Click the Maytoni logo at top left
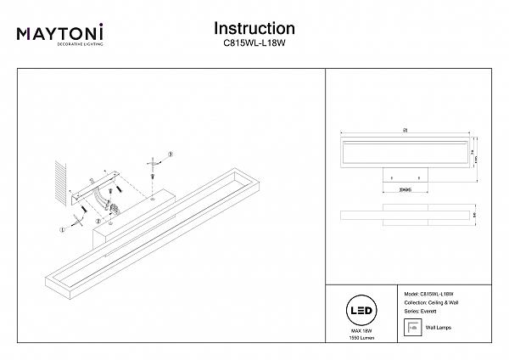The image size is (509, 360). [x=60, y=35]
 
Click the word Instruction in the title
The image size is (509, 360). [x=254, y=30]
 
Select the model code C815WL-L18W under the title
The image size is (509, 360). [x=254, y=48]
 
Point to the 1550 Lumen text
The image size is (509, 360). [x=361, y=336]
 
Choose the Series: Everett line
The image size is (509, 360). [x=424, y=311]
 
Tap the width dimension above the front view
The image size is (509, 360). [x=406, y=129]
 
